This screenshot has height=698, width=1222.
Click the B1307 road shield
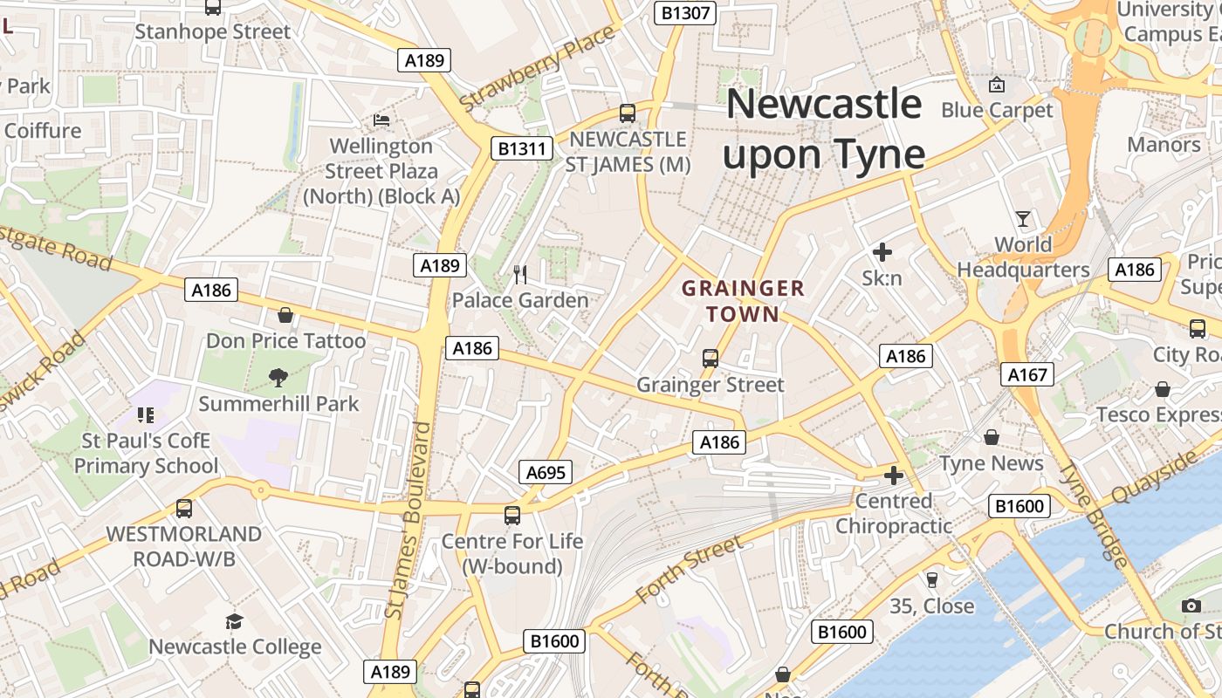coord(685,12)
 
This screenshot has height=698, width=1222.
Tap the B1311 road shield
coord(522,148)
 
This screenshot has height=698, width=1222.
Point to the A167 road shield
coord(1027,374)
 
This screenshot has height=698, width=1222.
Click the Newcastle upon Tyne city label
coord(824,129)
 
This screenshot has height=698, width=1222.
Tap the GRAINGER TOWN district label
coord(743,300)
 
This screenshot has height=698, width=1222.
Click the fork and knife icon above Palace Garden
coord(520,275)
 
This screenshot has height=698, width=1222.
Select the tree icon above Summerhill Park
coord(278,378)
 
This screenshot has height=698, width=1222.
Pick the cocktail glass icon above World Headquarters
coord(1023,218)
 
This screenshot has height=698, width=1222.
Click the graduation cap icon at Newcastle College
coord(234,621)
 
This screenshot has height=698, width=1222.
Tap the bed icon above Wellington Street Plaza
coord(381,120)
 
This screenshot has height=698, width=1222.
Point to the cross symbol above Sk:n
coord(882,253)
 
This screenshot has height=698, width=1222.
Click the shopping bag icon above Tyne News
coord(992,436)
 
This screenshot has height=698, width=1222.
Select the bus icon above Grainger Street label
coord(711,358)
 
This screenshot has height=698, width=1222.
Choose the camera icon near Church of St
coord(1191,606)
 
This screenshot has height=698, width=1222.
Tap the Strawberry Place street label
coord(538,69)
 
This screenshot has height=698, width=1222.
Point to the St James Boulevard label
coord(408,520)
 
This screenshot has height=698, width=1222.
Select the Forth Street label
coord(690,570)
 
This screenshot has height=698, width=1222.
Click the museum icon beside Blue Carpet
coord(996,85)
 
